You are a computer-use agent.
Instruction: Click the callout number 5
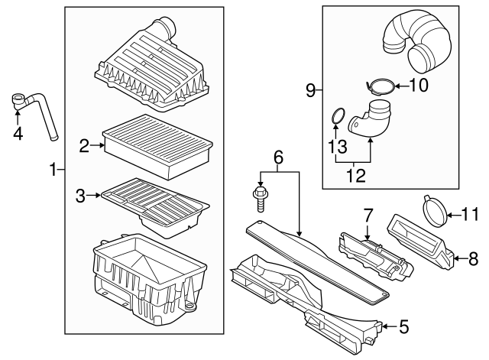click(x=404, y=327)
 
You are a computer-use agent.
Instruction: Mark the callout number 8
click(x=473, y=260)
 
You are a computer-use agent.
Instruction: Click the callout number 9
click(x=309, y=92)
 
